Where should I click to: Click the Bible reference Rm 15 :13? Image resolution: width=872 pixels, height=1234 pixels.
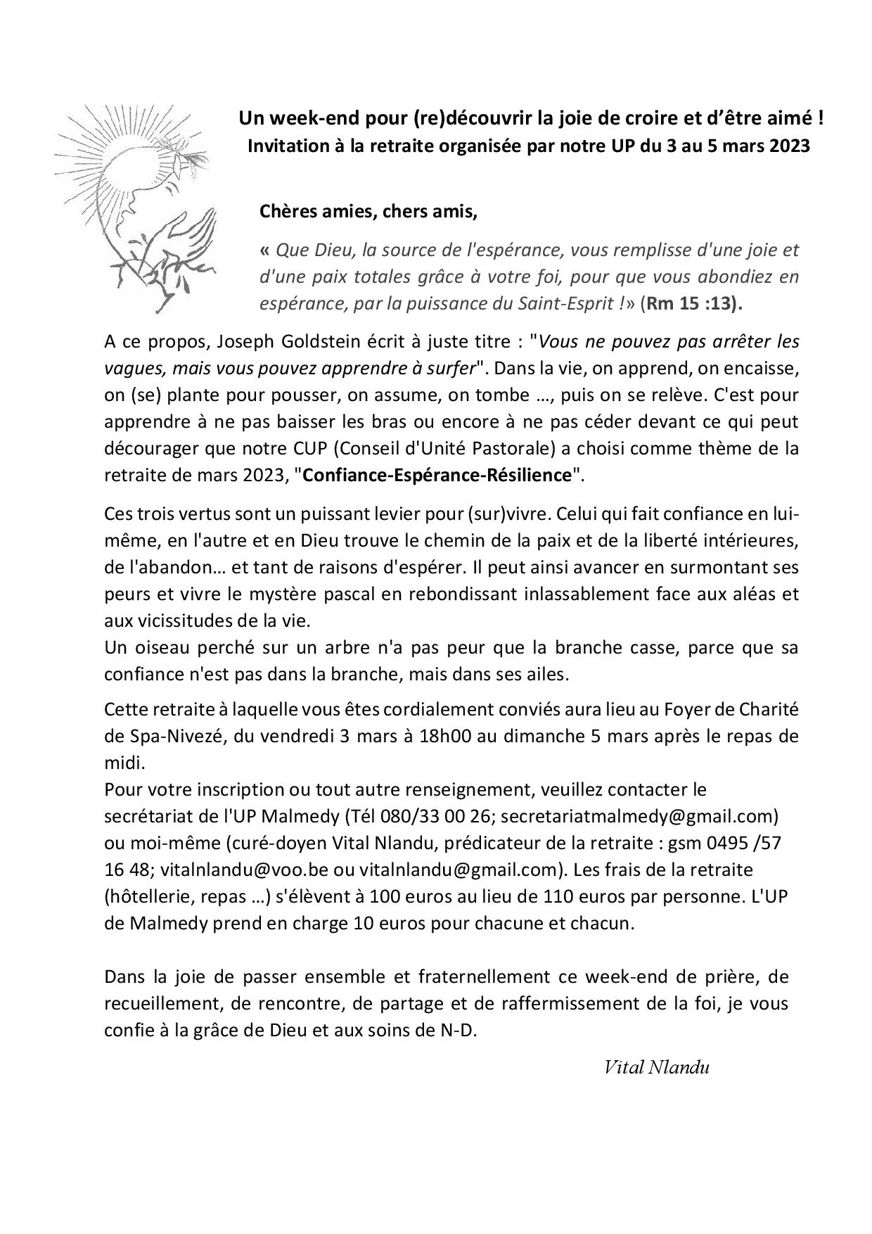pos(693,304)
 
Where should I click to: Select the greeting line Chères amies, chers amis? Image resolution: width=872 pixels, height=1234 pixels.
pos(368,210)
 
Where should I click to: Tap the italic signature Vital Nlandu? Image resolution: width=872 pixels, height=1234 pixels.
pos(656,1067)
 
